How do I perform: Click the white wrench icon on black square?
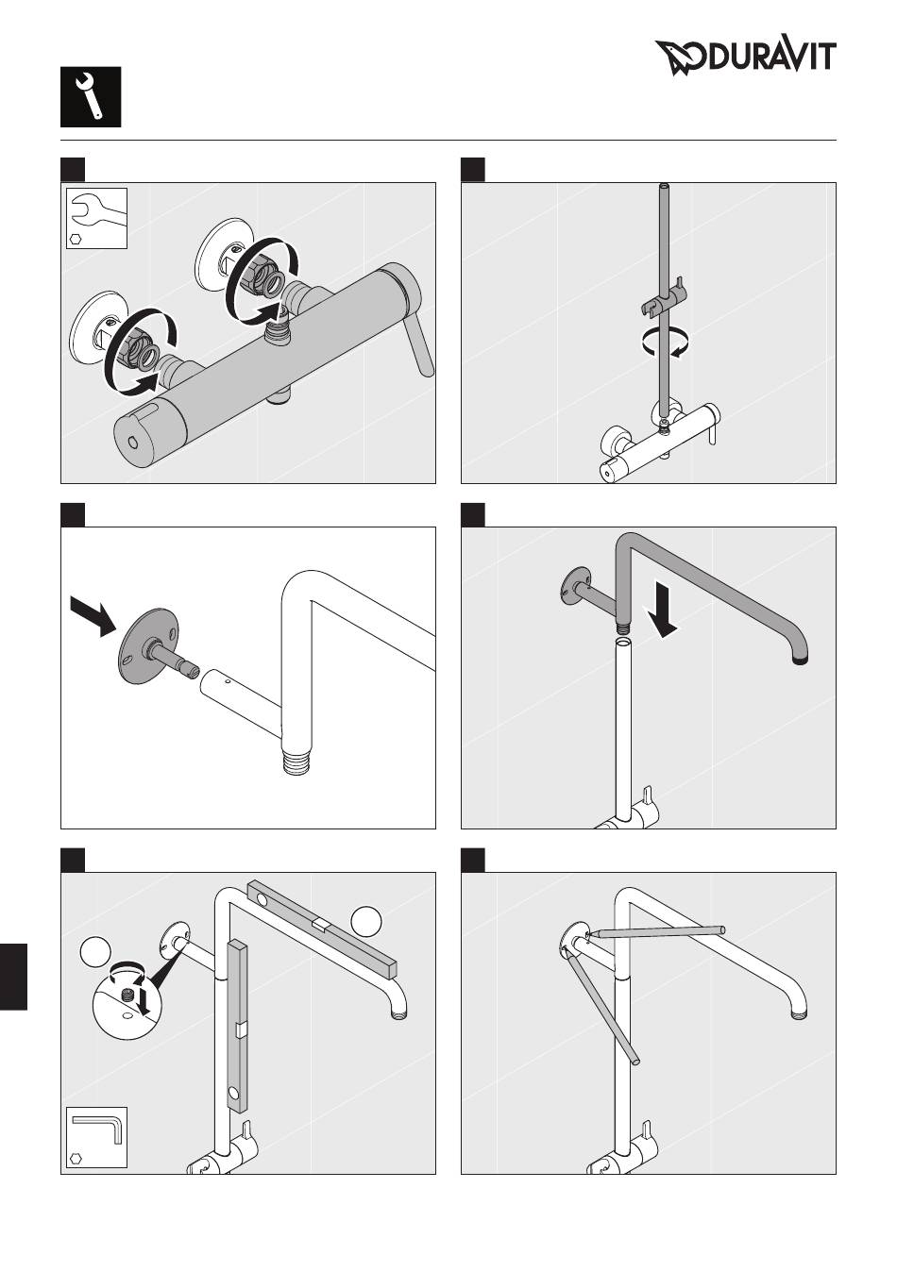[x=91, y=96]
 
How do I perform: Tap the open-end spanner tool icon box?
[x=96, y=218]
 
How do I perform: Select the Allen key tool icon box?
[x=96, y=1137]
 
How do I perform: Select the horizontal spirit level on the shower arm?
[x=322, y=929]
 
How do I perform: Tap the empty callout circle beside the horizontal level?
[x=366, y=922]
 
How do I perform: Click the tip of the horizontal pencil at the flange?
[x=587, y=933]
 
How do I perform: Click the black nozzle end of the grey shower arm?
[x=801, y=660]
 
